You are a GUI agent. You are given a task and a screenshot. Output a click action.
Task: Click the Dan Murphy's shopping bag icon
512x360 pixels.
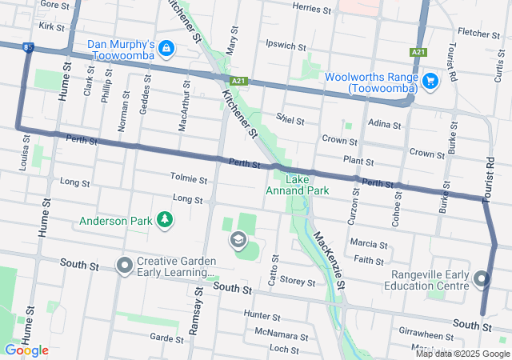[166, 48]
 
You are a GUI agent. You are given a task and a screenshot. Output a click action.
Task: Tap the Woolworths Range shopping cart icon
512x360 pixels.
[430, 80]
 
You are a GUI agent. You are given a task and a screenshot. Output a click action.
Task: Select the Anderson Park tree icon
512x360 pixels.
[165, 219]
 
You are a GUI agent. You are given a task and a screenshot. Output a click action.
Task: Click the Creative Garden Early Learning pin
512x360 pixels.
[124, 263]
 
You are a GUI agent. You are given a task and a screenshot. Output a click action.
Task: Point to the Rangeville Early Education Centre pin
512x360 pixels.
[481, 279]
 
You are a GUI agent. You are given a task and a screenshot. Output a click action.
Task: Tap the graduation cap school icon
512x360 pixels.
[238, 239]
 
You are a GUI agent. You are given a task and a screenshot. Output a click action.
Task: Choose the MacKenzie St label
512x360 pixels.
[329, 260]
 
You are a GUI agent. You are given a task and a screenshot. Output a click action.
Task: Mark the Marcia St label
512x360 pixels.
[369, 242]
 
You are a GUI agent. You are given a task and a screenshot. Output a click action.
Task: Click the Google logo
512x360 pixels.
[26, 350]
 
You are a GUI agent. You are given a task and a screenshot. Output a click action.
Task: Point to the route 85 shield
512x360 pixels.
[29, 48]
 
